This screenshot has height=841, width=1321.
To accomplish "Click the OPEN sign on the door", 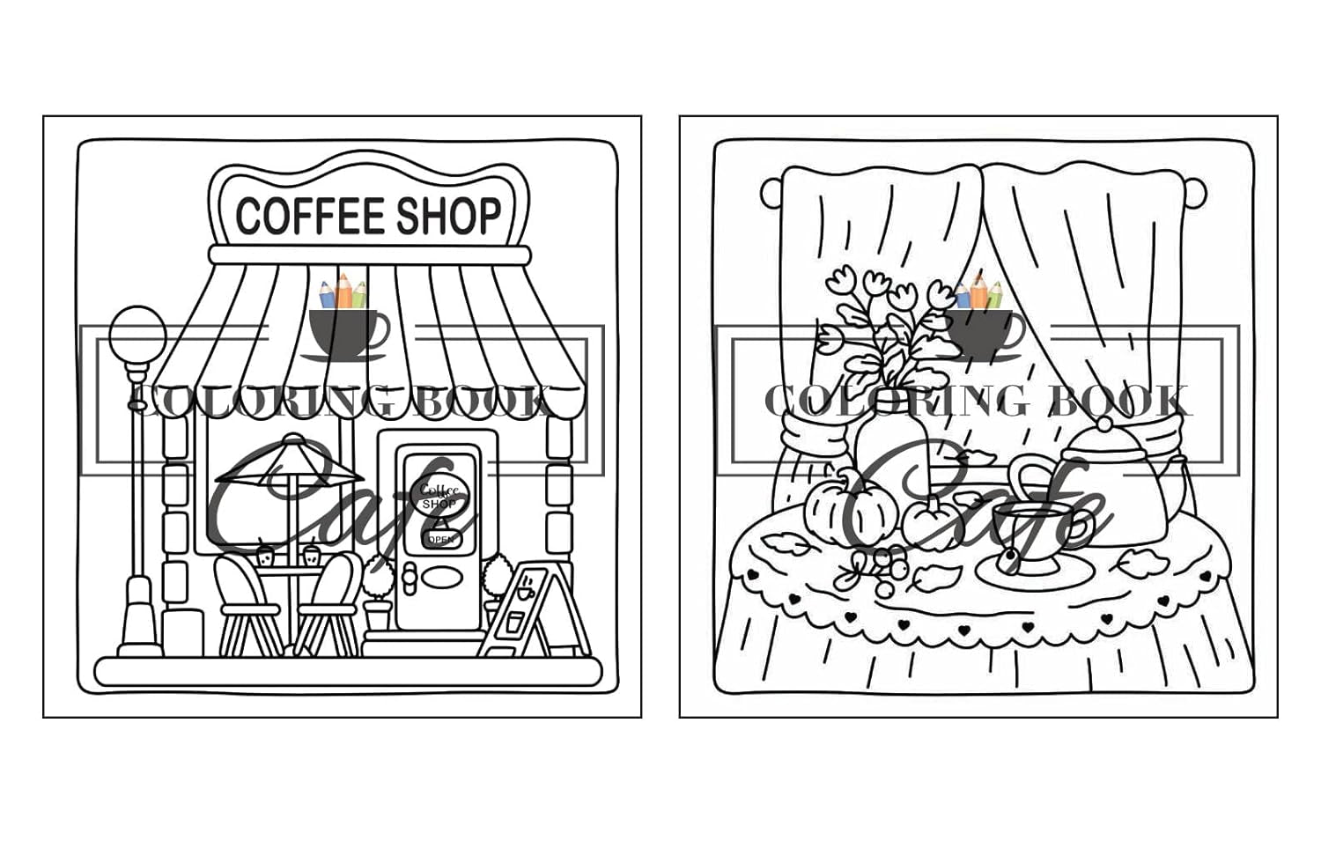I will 439,538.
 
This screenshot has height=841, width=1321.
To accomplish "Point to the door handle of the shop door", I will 408,576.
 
